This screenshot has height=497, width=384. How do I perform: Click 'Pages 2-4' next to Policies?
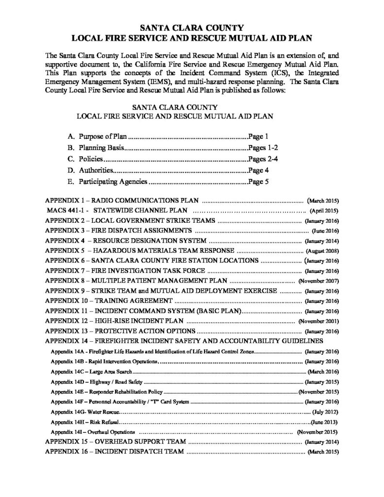click(262, 159)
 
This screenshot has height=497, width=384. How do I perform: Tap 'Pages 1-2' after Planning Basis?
click(262, 148)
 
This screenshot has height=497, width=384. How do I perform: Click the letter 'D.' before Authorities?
click(71, 170)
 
